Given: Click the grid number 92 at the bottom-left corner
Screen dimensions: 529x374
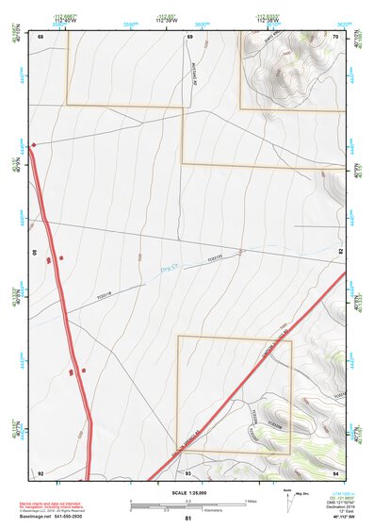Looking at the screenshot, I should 41,472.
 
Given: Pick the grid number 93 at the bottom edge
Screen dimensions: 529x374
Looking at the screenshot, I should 188,472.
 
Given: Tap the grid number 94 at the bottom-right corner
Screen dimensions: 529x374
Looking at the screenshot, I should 335,472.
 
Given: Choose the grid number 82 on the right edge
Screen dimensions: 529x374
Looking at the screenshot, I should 336,255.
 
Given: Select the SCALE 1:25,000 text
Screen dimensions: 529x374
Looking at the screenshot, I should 187,492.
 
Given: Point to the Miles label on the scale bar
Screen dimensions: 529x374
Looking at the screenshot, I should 251,500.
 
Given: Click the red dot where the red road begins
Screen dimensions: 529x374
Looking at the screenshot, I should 34,145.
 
